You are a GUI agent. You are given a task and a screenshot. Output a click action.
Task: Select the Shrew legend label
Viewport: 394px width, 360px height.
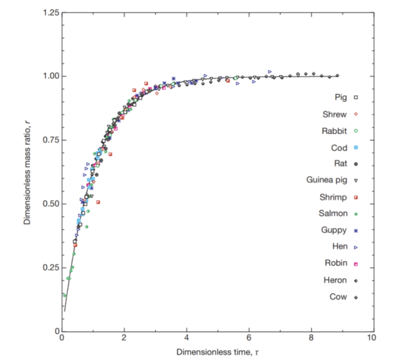(335, 114)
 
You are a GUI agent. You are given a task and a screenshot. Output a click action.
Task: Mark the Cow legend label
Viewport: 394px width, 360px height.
(339, 297)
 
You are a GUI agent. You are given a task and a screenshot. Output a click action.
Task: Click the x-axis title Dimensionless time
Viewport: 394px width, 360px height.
(218, 352)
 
